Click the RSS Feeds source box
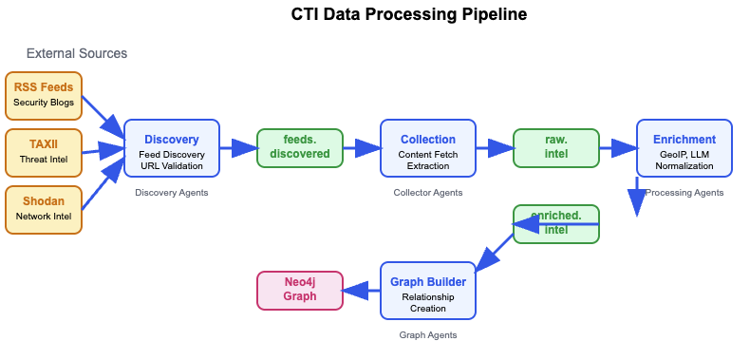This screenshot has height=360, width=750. (x=44, y=96)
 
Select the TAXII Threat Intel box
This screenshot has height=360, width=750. (x=44, y=153)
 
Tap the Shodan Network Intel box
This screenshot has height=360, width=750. (x=44, y=210)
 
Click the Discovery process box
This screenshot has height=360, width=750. (x=172, y=148)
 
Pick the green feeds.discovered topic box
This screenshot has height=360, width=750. (x=300, y=148)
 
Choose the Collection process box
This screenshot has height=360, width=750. (x=428, y=148)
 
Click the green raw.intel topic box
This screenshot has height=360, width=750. (x=556, y=148)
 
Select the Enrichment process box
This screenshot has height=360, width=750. (x=684, y=148)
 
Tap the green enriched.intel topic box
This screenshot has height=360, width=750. (x=556, y=224)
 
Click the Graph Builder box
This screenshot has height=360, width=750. (x=428, y=290)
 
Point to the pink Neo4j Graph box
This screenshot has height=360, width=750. (x=300, y=291)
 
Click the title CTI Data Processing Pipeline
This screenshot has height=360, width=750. (x=409, y=14)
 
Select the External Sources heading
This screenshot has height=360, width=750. (x=77, y=53)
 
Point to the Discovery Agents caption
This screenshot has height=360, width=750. (x=172, y=193)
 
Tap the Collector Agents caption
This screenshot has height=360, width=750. (x=428, y=193)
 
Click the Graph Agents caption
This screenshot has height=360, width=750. (x=428, y=335)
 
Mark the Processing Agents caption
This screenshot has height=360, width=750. (x=684, y=193)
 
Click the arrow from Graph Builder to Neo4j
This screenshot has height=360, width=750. (x=362, y=291)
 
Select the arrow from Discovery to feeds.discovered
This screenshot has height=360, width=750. (x=238, y=148)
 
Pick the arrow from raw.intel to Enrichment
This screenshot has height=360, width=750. (x=618, y=148)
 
